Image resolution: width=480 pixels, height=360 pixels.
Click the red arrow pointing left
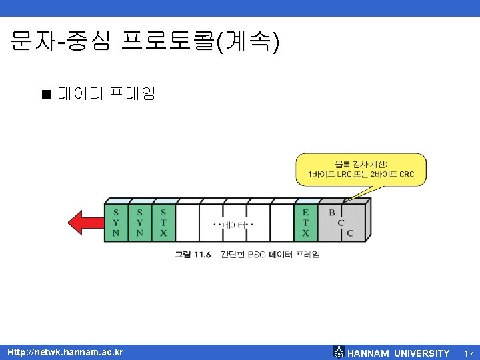pos(84,221)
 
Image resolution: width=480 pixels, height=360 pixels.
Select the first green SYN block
pos(116,223)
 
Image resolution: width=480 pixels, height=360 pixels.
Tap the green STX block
pos(163,223)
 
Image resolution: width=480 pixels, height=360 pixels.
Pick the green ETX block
pos(305,223)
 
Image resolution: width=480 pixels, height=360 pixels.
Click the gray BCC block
pos(341,223)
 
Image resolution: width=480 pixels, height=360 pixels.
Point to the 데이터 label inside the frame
pos(234,225)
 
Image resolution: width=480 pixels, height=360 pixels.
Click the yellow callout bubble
pos(361,169)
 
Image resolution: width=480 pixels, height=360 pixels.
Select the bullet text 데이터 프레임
pos(107,93)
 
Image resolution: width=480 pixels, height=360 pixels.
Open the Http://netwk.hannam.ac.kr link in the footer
pos(65,351)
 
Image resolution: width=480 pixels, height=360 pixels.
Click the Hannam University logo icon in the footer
pos(339,352)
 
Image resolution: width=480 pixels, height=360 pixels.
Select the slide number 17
pos(469,353)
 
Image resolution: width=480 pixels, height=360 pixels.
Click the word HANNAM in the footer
pos(369,353)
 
